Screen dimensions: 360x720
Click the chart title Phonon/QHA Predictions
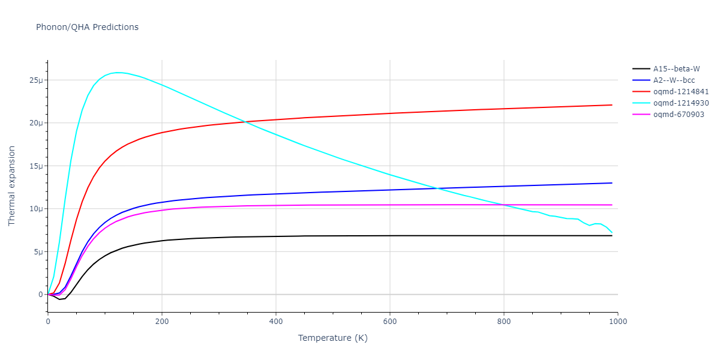pos(87,27)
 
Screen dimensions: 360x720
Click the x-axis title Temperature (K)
pos(332,338)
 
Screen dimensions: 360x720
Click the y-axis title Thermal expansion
pos(12,186)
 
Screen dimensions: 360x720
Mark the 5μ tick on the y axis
pos(38,252)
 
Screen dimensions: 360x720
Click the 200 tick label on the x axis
pos(162,322)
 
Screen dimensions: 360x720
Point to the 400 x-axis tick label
pos(276,322)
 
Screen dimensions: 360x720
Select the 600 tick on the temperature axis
pos(390,322)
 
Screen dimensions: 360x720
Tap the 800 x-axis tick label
pos(504,322)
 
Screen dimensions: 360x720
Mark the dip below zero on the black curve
pos(59,299)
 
